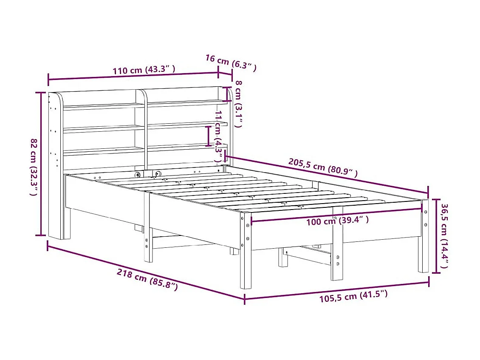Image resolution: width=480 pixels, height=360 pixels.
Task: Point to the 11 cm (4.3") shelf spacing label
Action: (x=218, y=136)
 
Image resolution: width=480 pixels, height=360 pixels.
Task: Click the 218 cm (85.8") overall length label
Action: (x=147, y=280)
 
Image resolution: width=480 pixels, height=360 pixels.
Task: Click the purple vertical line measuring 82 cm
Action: (x=42, y=164)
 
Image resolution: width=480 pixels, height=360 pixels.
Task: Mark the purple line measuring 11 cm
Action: (x=208, y=136)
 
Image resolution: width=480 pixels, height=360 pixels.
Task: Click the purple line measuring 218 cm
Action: (x=144, y=272)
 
